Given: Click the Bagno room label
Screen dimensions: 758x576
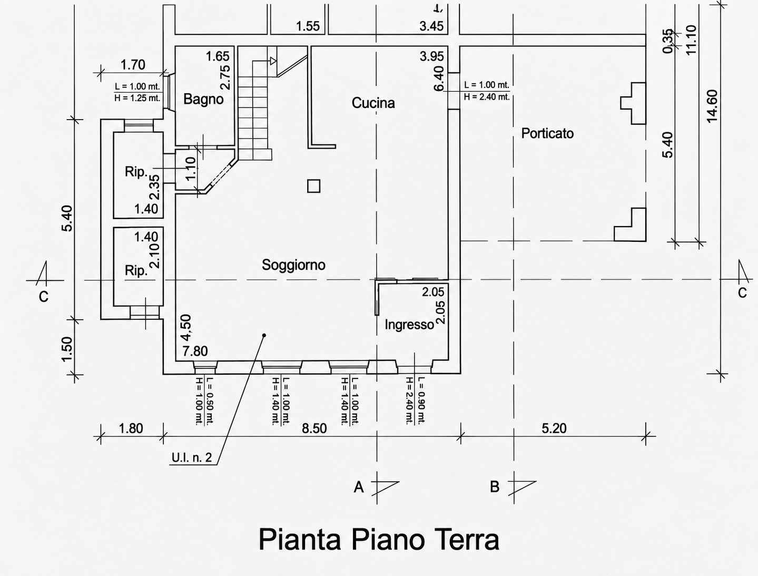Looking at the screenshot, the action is pyautogui.click(x=203, y=100).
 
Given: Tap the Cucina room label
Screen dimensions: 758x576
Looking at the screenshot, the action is pyautogui.click(x=373, y=103).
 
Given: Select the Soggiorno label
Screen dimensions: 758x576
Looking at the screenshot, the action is pyautogui.click(x=293, y=265).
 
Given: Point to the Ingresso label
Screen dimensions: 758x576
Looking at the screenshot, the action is pyautogui.click(x=409, y=325).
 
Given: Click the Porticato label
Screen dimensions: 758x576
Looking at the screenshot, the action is pyautogui.click(x=547, y=133).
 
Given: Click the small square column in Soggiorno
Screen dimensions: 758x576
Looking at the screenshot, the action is pyautogui.click(x=313, y=186).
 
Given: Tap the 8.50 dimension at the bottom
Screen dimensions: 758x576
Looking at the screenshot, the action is pyautogui.click(x=314, y=428).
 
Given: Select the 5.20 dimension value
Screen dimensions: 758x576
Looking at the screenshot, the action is pyautogui.click(x=554, y=428).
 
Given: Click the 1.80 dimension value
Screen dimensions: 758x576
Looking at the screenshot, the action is pyautogui.click(x=131, y=428).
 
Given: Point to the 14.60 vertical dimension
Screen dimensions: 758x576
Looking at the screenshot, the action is pyautogui.click(x=712, y=106).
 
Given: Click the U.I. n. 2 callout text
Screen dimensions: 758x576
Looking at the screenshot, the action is pyautogui.click(x=192, y=457).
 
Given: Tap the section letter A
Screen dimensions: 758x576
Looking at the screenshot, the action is pyautogui.click(x=359, y=487).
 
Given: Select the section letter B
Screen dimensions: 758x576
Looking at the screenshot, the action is pyautogui.click(x=495, y=487).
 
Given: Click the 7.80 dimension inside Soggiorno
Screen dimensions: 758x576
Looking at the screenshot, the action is pyautogui.click(x=195, y=351).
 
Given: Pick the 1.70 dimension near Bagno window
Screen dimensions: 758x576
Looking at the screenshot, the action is pyautogui.click(x=133, y=65).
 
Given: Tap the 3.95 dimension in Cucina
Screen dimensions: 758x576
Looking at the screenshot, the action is pyautogui.click(x=431, y=56).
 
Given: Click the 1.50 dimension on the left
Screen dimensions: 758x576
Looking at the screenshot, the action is pyautogui.click(x=67, y=349).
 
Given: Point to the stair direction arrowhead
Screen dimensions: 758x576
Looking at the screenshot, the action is pyautogui.click(x=273, y=61).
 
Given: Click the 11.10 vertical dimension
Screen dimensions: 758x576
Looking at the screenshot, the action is pyautogui.click(x=692, y=40).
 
